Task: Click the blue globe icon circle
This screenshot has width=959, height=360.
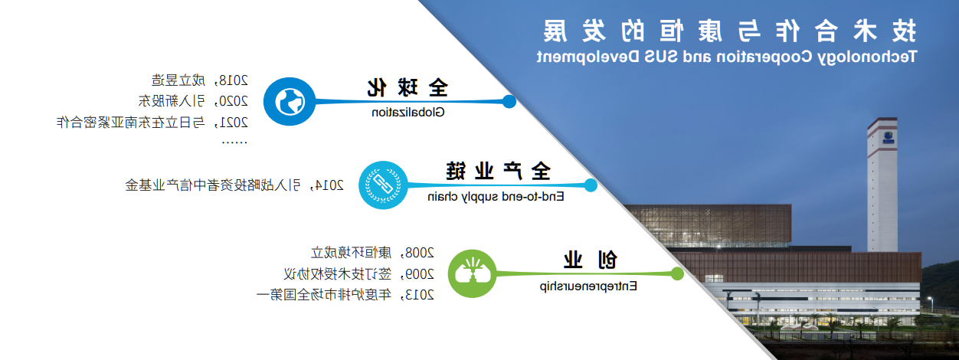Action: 290,101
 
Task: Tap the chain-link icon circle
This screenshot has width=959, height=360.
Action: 383,185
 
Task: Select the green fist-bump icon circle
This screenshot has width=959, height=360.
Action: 472,273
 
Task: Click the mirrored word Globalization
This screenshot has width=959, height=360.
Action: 408,113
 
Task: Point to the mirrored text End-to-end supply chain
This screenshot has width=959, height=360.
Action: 496,197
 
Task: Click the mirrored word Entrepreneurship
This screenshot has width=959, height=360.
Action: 588,286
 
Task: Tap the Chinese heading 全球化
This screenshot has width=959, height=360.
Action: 407,88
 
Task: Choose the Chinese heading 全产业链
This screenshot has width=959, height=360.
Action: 499,172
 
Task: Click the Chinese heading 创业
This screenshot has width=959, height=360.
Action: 591,260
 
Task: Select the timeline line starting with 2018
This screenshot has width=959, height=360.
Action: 200,80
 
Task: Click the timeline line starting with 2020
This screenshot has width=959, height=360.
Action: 193,101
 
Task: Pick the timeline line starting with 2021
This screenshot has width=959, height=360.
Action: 152,123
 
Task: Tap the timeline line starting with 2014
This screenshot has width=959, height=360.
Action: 234,185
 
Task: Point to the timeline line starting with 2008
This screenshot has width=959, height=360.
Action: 372,253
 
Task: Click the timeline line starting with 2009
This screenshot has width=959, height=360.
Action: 358,273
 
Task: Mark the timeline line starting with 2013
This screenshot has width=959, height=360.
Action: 345,294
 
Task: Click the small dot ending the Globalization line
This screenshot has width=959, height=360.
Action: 509,102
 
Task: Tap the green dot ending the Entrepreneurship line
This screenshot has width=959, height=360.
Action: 677,273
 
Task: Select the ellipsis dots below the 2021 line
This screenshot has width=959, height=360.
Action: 234,142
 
